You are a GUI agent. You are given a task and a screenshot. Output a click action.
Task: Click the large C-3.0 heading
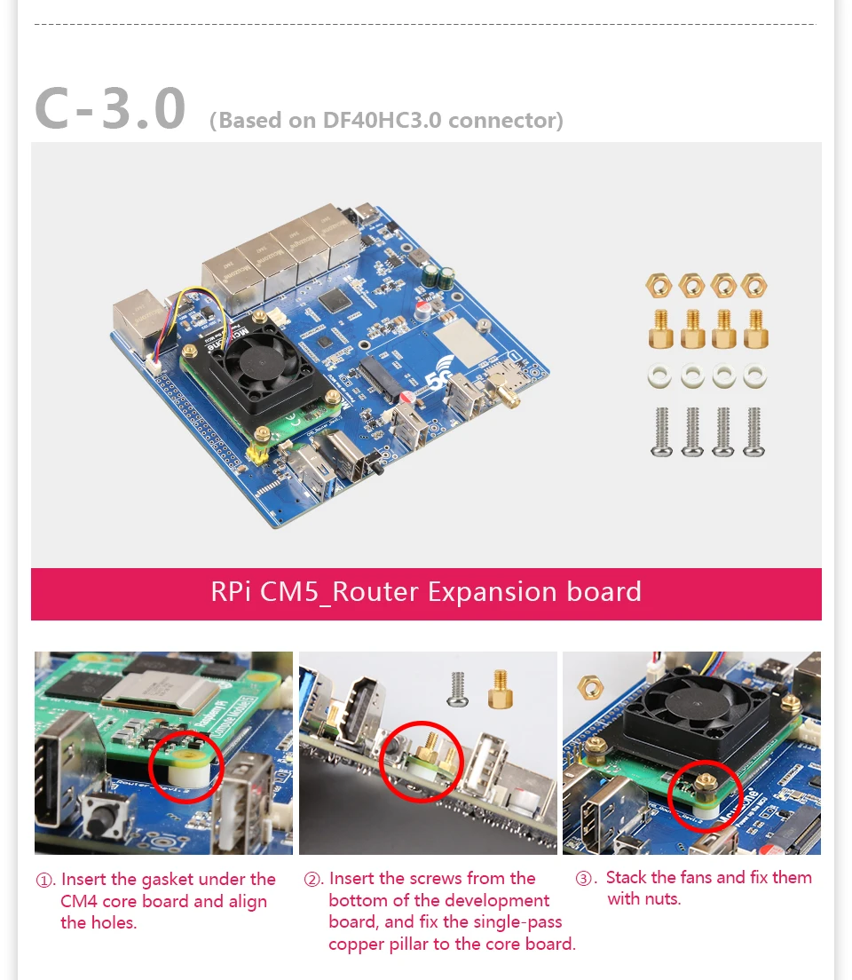pos(110,109)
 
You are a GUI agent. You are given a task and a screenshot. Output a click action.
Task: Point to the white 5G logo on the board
pos(439,371)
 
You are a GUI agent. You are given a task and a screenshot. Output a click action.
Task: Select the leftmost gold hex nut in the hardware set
pos(659,286)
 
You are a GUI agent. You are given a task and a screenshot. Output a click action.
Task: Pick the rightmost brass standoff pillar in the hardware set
pos(756,329)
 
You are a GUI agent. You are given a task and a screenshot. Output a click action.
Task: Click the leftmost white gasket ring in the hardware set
pos(659,376)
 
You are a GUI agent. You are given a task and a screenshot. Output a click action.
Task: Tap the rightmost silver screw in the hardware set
pos(754,431)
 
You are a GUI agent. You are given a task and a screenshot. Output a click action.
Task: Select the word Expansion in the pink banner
pos(493,592)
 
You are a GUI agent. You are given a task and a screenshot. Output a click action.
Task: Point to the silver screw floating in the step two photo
pos(458,690)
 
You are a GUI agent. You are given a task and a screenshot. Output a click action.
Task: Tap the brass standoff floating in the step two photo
pos(500,690)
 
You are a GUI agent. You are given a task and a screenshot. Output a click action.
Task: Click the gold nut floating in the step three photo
pos(591,687)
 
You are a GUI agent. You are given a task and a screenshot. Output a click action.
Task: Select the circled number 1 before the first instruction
pos(43,881)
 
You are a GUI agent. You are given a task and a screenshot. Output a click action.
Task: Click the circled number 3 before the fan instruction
pos(583,878)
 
